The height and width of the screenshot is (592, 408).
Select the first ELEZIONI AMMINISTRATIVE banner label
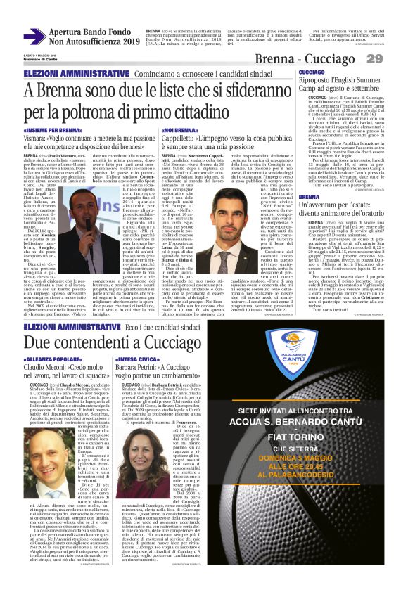(67, 73)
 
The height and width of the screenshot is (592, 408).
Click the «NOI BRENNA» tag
(179, 131)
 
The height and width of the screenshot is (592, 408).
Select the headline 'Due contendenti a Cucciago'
(124, 342)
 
